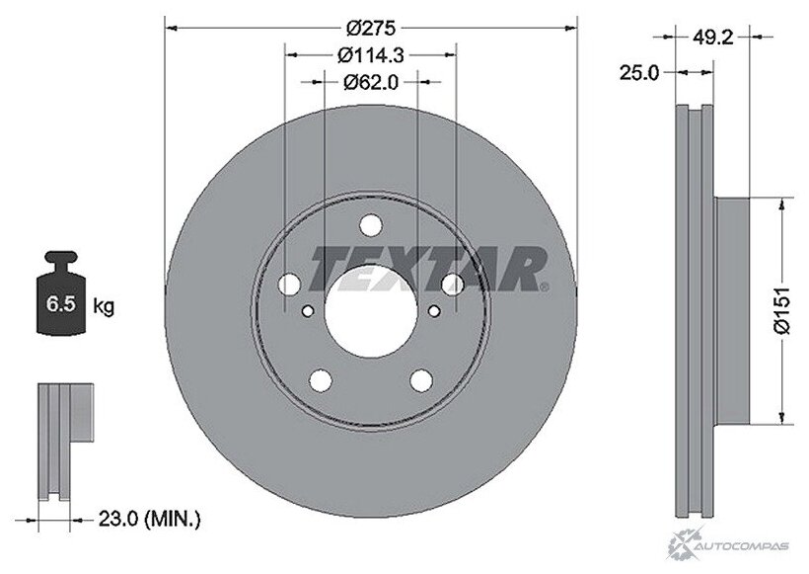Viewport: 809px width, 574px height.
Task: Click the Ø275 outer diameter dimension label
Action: [x=371, y=28]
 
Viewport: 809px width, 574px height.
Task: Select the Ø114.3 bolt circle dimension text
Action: [x=370, y=54]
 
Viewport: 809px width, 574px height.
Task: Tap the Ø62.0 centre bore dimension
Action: [x=371, y=82]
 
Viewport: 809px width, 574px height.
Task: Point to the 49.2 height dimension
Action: [x=712, y=37]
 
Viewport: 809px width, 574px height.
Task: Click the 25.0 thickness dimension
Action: [x=639, y=73]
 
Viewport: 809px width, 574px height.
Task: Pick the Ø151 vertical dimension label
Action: [x=781, y=311]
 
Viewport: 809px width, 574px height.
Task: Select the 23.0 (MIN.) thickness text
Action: [x=149, y=519]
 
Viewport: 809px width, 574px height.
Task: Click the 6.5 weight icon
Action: [x=61, y=292]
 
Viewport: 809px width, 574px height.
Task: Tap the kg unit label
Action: [x=104, y=306]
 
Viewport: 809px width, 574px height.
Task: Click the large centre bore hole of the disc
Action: [x=371, y=311]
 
